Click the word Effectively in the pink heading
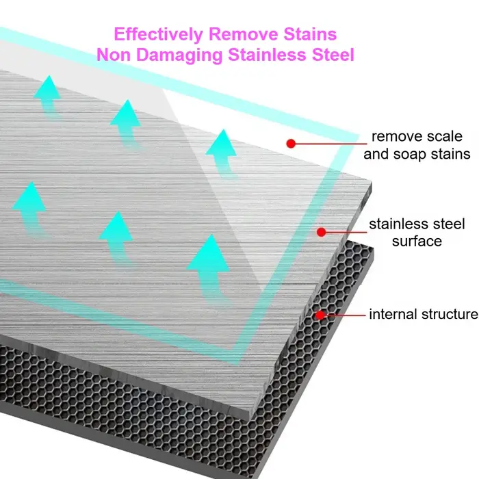[158, 34]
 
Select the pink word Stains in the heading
[310, 34]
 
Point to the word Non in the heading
[114, 55]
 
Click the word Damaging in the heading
[179, 55]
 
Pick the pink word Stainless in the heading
[267, 55]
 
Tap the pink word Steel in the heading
[333, 55]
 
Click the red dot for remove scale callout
[291, 143]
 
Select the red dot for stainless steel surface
[321, 232]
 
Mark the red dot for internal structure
[320, 315]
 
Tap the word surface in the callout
[417, 242]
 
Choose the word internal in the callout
[390, 314]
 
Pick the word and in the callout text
[376, 154]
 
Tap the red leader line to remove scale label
[331, 143]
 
